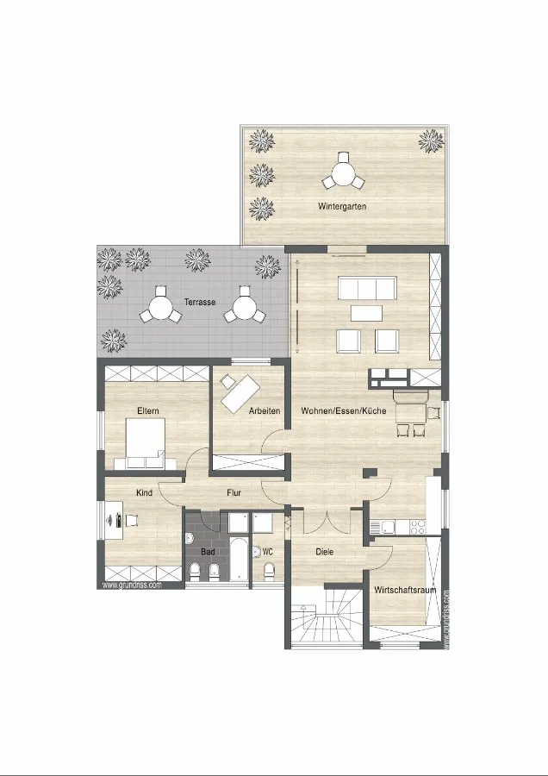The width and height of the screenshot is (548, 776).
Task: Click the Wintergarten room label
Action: (x=342, y=206)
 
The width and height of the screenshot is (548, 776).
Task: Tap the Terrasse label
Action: (x=200, y=302)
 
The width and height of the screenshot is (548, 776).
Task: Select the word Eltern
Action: (x=148, y=410)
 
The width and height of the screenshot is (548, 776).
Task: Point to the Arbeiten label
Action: (x=265, y=410)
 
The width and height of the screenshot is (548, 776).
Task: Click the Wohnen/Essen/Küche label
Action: (x=344, y=410)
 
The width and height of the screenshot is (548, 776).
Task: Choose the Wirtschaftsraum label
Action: (x=405, y=590)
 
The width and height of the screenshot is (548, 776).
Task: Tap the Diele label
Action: (x=325, y=552)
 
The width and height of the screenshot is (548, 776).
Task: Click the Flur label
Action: (x=234, y=493)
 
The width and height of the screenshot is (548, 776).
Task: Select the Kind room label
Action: (x=145, y=493)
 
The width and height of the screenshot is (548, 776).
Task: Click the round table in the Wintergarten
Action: (x=343, y=173)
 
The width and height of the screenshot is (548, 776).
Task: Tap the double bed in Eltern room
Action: (x=146, y=443)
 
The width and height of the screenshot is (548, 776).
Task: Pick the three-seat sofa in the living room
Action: (x=367, y=288)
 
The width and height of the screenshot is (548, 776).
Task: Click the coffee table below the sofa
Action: (x=366, y=313)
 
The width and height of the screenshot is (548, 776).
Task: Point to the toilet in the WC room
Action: (x=269, y=572)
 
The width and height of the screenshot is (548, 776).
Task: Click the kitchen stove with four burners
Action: (x=418, y=528)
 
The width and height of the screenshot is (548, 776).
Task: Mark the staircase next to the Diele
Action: (x=327, y=617)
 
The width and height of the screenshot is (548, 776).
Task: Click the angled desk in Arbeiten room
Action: (x=240, y=394)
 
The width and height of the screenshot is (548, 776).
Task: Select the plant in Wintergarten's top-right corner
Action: (x=431, y=141)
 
